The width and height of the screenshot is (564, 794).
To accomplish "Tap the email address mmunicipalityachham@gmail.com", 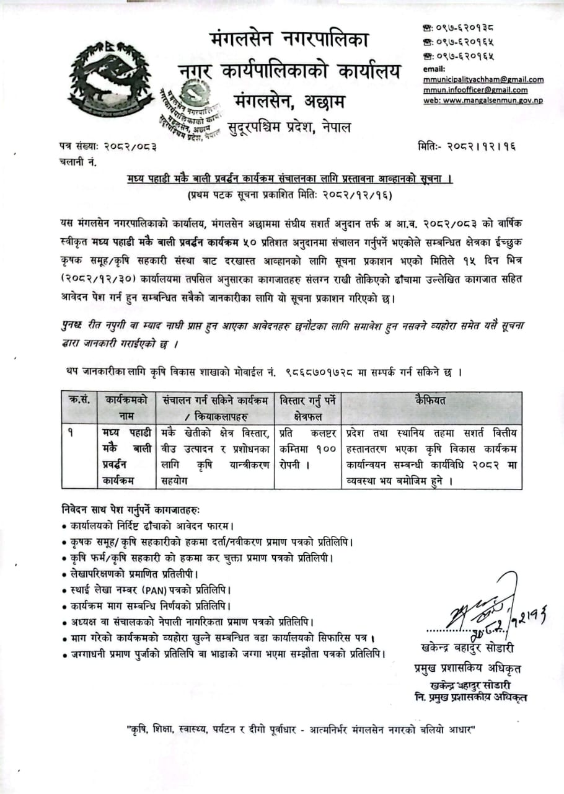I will click(x=483, y=79).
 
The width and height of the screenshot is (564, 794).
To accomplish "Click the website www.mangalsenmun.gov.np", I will click(x=483, y=100).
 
